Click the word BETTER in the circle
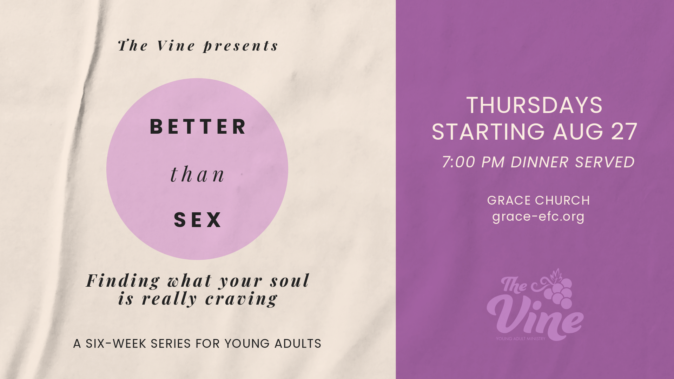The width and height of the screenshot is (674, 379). point(198,127)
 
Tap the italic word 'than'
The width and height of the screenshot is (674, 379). point(197,174)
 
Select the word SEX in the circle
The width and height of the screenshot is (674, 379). point(198,220)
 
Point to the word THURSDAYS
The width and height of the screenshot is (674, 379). point(534,105)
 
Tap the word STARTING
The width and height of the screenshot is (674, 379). point(488,132)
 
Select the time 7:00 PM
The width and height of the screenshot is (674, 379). point(473,162)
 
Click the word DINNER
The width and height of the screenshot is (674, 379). point(540,162)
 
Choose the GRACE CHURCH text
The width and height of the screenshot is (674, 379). point(538,200)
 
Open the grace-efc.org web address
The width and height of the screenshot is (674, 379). point(538,217)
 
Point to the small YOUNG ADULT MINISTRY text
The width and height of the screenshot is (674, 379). point(521,339)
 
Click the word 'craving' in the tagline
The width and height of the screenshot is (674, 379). point(242,299)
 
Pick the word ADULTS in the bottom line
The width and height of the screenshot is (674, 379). point(298,344)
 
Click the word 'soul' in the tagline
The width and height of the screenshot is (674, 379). point(290,281)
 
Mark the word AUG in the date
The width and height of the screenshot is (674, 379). point(578,132)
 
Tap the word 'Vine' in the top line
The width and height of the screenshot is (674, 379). point(176,46)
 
